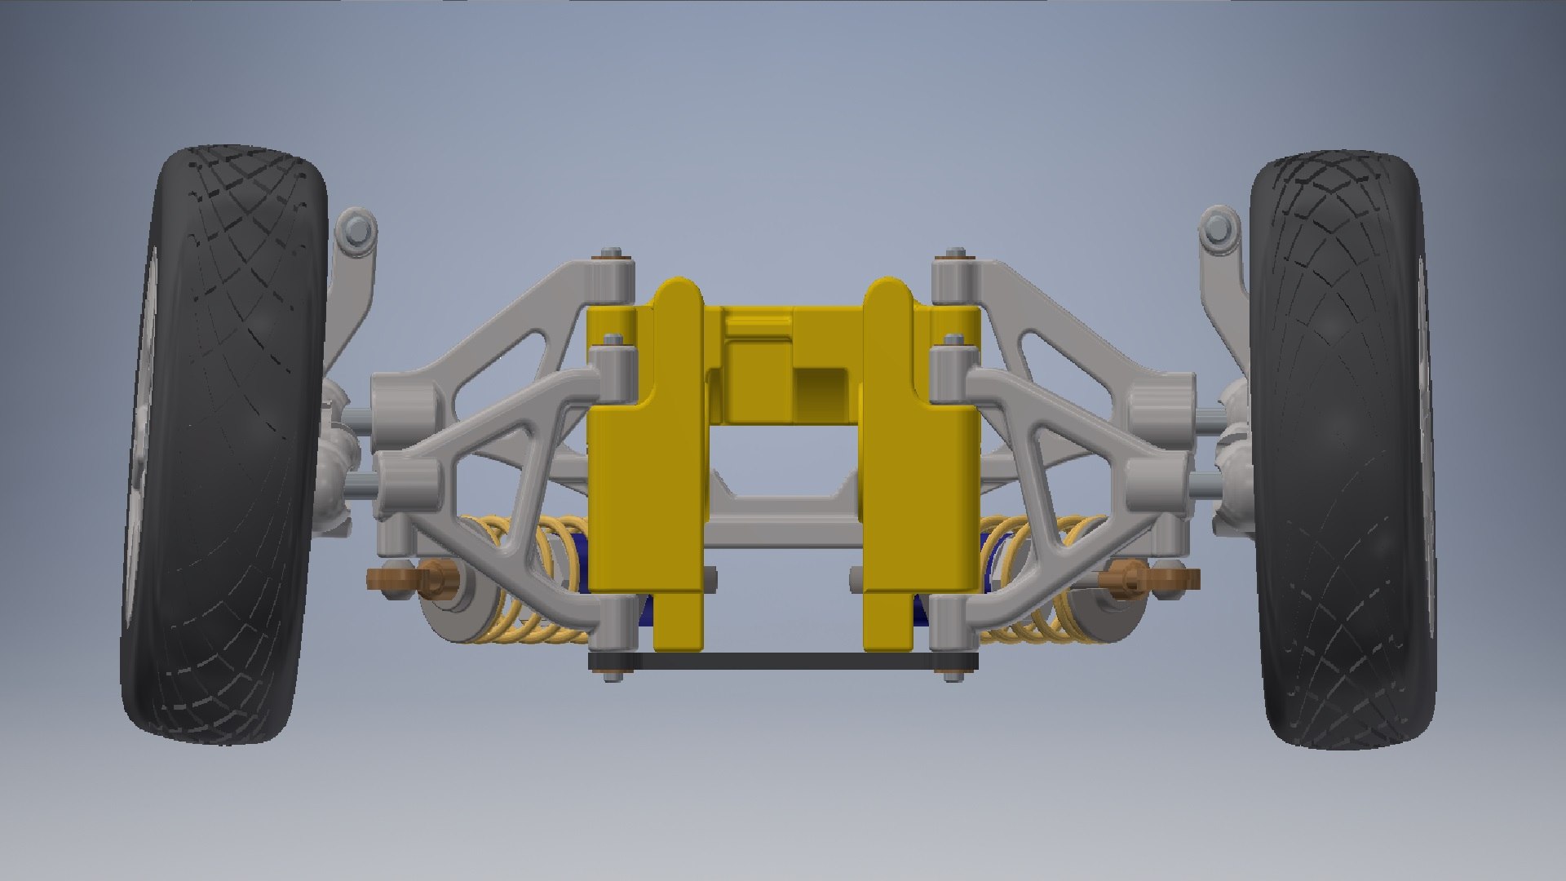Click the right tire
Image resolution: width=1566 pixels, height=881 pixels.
point(1342,449)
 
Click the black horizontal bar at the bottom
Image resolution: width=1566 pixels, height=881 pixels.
point(783,661)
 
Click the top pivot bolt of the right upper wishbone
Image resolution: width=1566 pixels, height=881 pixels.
point(956,254)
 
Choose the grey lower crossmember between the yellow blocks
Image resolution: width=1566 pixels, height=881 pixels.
point(783,522)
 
